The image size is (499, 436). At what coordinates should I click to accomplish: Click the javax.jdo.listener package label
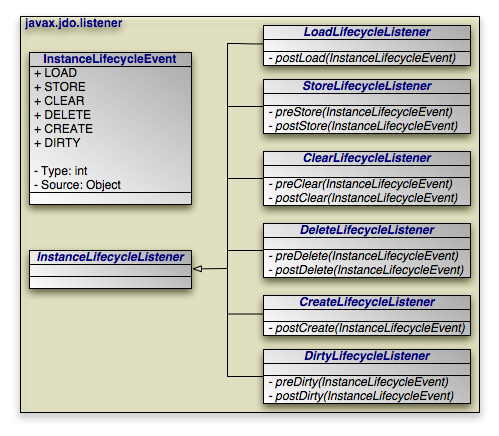[73, 23]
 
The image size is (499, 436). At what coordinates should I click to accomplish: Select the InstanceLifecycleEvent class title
[110, 59]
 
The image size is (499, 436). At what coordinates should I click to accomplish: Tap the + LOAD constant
[56, 73]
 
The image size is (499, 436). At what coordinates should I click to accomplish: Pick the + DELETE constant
[63, 115]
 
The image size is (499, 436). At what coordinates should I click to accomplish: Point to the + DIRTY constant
[57, 143]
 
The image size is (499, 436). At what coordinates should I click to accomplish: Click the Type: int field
[61, 171]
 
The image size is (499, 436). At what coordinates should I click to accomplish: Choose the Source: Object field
[77, 185]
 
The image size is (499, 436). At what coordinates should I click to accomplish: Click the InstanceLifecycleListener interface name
[110, 257]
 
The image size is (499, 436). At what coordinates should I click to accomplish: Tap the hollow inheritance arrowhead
[198, 268]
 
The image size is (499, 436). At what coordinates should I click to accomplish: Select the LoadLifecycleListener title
[367, 32]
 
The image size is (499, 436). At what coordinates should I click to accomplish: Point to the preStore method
[361, 112]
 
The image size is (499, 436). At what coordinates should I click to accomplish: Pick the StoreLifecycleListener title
[367, 86]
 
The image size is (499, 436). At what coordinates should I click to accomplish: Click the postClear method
[363, 198]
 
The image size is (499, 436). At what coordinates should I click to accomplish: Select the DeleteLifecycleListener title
[367, 230]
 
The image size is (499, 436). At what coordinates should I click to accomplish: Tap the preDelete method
[363, 256]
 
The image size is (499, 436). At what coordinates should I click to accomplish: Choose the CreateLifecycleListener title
[367, 302]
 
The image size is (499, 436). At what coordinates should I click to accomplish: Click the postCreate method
[367, 328]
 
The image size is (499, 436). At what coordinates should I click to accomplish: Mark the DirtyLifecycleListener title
[367, 356]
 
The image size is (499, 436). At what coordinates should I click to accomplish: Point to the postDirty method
[361, 396]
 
